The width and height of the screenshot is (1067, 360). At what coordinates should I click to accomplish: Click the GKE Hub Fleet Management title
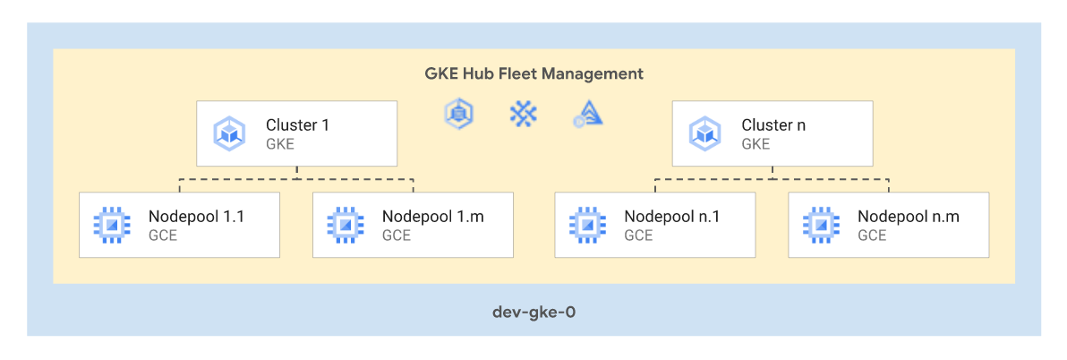(533, 73)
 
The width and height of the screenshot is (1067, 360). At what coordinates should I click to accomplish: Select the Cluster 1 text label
(297, 125)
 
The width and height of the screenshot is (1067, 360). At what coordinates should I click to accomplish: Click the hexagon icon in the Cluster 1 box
(230, 133)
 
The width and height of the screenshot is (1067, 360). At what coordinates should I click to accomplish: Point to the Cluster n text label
(773, 125)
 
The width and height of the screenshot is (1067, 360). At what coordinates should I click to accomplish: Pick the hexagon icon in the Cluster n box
(705, 133)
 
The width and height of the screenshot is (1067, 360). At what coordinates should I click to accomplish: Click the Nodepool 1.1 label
(196, 216)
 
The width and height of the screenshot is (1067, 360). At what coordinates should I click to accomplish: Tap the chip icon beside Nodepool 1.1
(112, 224)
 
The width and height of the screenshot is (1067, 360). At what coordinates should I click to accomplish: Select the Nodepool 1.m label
(433, 216)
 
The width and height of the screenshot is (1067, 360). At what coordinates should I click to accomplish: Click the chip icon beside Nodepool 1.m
(346, 224)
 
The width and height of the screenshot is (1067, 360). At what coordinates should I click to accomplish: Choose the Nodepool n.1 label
(672, 216)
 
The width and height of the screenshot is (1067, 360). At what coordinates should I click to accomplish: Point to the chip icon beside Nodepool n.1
(588, 224)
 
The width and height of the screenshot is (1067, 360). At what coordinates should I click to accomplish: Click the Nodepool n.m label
(908, 216)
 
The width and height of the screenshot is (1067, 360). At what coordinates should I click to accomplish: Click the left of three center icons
(459, 113)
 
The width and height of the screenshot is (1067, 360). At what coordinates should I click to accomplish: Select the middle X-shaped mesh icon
(523, 113)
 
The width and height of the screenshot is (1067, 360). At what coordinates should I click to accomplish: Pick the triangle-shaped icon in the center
(588, 114)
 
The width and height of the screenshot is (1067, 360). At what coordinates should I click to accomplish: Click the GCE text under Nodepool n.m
(872, 236)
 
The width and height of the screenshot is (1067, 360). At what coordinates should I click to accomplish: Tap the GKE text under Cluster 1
(280, 143)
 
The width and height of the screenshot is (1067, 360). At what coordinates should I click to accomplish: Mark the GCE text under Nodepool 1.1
(163, 236)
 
